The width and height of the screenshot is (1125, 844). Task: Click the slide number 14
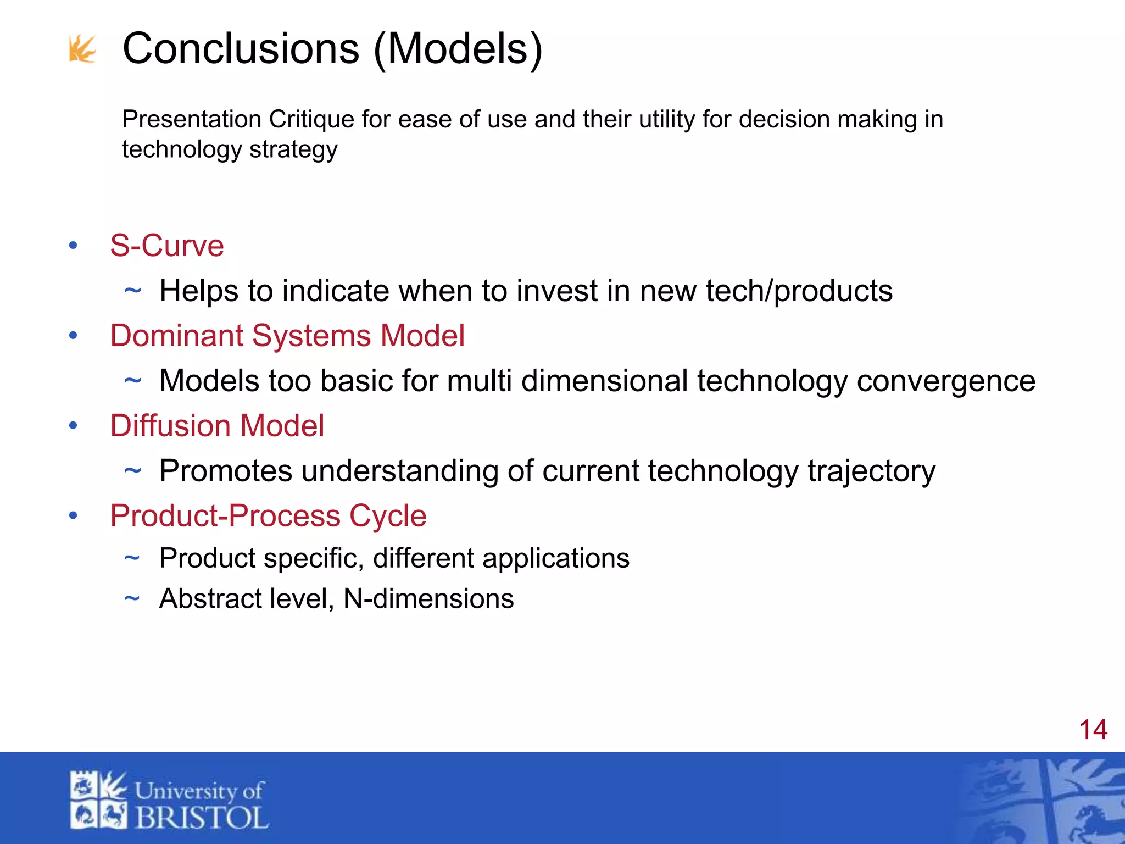(x=1093, y=730)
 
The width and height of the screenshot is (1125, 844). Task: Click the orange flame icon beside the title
(x=82, y=49)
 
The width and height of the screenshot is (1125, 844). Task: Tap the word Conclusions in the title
(x=241, y=49)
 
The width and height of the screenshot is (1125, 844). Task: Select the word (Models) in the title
(x=458, y=50)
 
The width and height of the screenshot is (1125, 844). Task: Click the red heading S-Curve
(x=167, y=246)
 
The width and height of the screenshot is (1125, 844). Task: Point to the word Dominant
(x=176, y=336)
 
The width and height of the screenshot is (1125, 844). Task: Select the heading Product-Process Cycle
(x=268, y=516)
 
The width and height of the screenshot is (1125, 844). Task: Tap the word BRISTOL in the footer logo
(x=202, y=818)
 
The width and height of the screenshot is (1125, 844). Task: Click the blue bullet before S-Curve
(x=73, y=246)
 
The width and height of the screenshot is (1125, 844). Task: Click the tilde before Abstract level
(x=132, y=598)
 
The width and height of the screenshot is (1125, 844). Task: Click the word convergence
(x=946, y=381)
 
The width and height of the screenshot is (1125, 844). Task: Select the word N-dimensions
(x=428, y=599)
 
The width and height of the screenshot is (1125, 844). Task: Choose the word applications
(x=556, y=559)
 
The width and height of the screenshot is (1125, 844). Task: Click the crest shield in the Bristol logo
(x=98, y=799)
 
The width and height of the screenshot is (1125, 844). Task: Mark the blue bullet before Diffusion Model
(x=73, y=426)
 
